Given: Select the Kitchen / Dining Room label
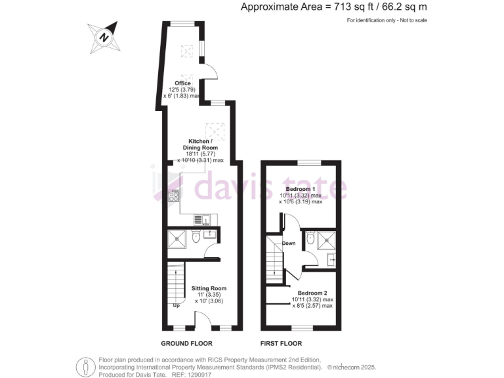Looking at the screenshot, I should [x=200, y=145].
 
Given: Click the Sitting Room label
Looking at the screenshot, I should [x=209, y=288].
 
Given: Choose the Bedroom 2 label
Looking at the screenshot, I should [x=312, y=293].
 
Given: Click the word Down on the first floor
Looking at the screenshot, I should [x=289, y=243].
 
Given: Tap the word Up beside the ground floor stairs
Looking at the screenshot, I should [x=176, y=305].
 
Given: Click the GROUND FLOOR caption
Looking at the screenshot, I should [x=186, y=344].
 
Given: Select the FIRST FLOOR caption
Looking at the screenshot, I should [x=282, y=344].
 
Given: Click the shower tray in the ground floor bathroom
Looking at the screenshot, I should [x=178, y=241].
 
